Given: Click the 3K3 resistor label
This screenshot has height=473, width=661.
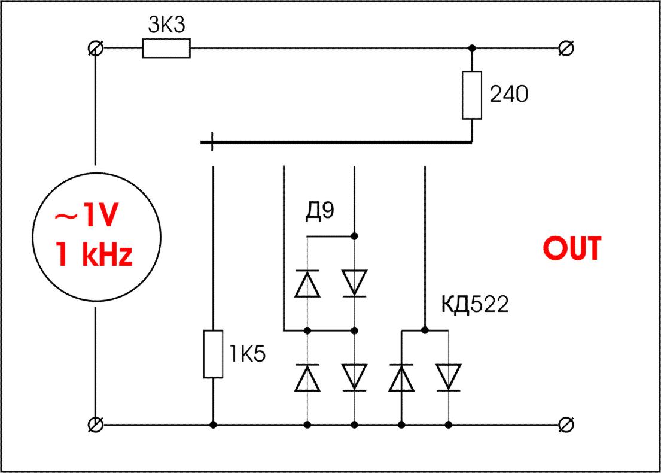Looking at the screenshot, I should click(166, 26).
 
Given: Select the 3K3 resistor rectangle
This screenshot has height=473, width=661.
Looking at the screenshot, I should click(166, 48).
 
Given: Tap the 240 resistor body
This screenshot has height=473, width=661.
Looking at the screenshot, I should click(472, 95).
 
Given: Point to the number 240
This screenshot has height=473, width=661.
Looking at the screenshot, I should click(509, 95).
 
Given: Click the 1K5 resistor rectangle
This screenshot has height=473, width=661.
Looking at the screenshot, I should click(213, 354).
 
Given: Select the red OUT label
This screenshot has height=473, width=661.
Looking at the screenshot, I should click(571, 249).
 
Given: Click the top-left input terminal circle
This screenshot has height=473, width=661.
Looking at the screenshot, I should click(95, 48).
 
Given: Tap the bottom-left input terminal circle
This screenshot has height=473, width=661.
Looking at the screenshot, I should click(95, 425).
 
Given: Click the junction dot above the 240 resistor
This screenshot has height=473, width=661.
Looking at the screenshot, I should click(472, 48).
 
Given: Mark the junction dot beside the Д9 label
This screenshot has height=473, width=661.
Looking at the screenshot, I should click(355, 235).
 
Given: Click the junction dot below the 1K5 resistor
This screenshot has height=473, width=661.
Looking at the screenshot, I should click(213, 425).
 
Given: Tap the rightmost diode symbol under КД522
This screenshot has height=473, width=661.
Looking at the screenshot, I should click(448, 378).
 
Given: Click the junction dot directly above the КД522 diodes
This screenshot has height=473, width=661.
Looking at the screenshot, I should click(425, 330).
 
